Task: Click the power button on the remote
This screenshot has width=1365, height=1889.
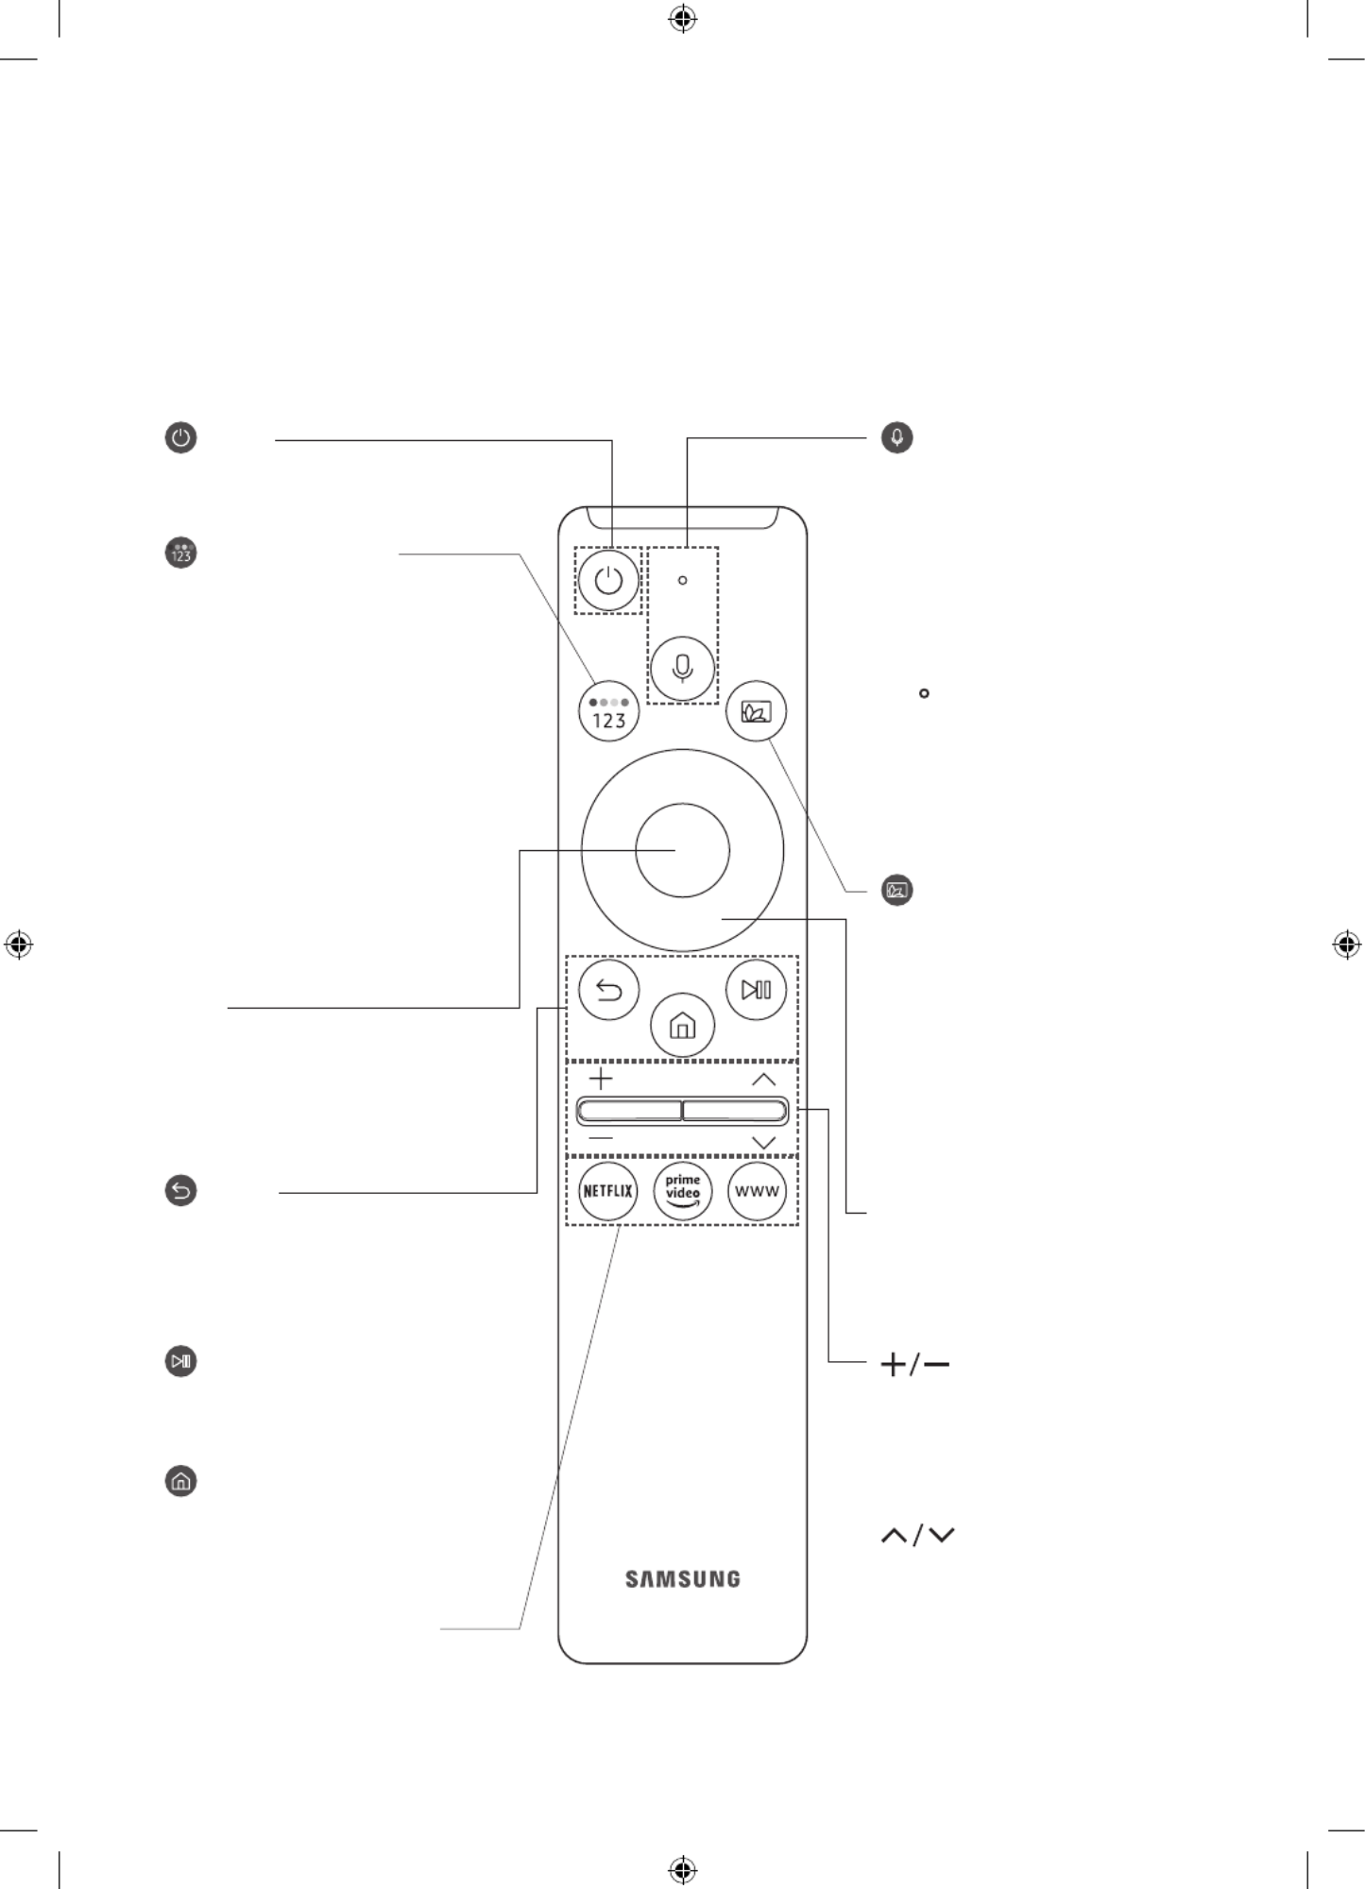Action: (x=608, y=580)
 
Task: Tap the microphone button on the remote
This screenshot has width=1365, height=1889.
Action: (x=682, y=668)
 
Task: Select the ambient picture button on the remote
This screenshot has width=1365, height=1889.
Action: (x=757, y=711)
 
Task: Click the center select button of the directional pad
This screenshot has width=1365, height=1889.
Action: (x=682, y=850)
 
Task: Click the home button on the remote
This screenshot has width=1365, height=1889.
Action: (x=682, y=1025)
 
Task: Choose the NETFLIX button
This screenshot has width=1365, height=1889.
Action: (x=607, y=1190)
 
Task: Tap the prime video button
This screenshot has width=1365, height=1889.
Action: (x=682, y=1190)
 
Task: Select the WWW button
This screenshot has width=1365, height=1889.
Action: (x=757, y=1190)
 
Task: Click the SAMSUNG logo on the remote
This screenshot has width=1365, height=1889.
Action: (x=682, y=1578)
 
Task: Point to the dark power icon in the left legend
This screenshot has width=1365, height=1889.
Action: (x=180, y=438)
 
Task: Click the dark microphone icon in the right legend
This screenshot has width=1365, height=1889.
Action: (x=896, y=437)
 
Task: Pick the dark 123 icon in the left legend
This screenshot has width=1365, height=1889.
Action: (x=180, y=553)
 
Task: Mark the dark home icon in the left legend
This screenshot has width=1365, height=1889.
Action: (x=180, y=1480)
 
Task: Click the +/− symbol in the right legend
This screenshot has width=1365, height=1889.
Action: (x=914, y=1365)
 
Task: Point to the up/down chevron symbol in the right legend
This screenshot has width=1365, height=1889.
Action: (x=917, y=1536)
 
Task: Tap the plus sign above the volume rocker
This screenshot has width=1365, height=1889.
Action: (x=600, y=1079)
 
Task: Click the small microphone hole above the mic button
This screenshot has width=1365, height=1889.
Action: (x=682, y=580)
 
